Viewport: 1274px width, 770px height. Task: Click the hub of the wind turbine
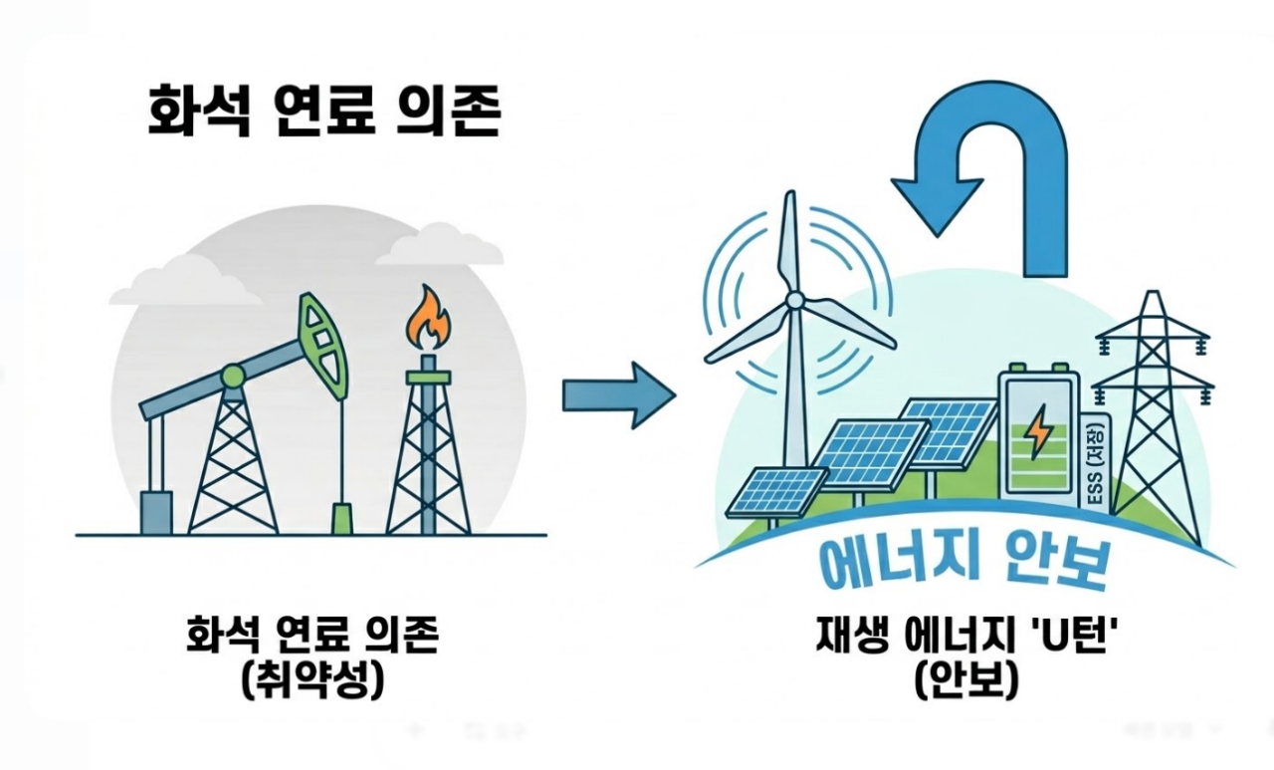click(794, 300)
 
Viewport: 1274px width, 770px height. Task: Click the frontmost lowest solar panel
click(775, 491)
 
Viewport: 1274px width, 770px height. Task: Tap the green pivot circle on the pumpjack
click(233, 376)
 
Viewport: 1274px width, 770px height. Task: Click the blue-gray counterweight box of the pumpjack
click(156, 512)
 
